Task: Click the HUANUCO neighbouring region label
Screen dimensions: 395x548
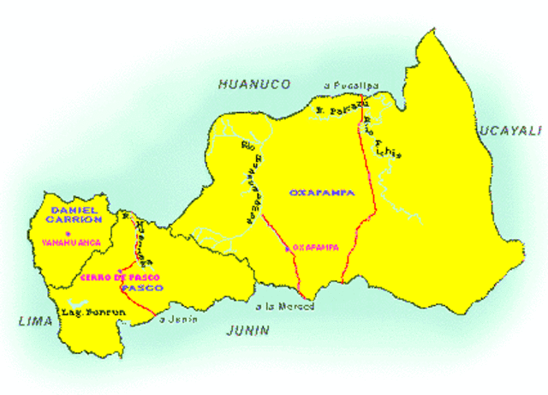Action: click(x=254, y=84)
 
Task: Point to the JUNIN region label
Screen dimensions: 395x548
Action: click(x=247, y=330)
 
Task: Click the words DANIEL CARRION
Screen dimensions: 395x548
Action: click(x=75, y=214)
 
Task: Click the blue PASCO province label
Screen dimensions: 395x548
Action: click(x=141, y=288)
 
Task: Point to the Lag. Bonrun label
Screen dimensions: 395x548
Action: click(x=93, y=313)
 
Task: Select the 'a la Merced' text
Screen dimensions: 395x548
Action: click(x=285, y=306)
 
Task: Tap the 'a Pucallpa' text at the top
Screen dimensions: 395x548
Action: click(x=350, y=85)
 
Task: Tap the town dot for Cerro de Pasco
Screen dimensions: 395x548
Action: click(x=119, y=270)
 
